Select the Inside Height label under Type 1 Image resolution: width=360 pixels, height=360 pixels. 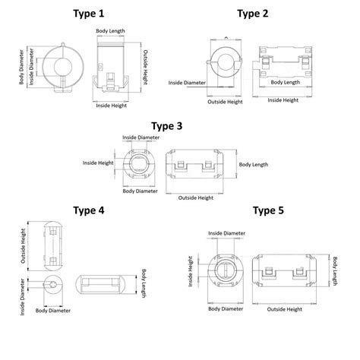pyautogui.click(x=112, y=106)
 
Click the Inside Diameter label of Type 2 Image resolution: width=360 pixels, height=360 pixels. pyautogui.click(x=186, y=83)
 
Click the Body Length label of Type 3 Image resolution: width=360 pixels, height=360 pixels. pyautogui.click(x=253, y=164)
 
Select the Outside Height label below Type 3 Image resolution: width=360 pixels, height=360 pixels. pyautogui.click(x=195, y=197)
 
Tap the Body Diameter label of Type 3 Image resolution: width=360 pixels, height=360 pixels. pyautogui.click(x=138, y=191)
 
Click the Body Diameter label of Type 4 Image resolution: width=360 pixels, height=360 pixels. pyautogui.click(x=53, y=310)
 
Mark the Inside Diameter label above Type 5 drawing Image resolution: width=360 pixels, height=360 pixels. pyautogui.click(x=226, y=233)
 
